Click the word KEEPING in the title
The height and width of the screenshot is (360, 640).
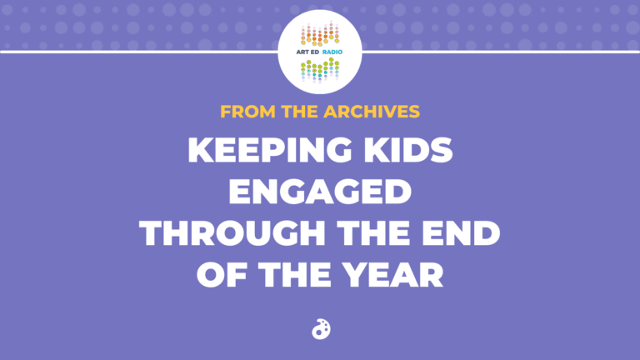[x=270, y=150]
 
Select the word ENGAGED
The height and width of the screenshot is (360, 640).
[x=320, y=192]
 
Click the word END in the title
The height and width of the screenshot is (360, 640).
[x=461, y=233]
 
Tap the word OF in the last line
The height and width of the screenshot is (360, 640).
[x=222, y=275]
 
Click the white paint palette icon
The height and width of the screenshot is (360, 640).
[x=321, y=329]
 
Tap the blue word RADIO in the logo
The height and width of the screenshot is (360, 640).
[x=332, y=52]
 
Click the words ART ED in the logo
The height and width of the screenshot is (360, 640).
[x=307, y=52]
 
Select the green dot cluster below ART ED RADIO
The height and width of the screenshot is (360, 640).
[x=320, y=70]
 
